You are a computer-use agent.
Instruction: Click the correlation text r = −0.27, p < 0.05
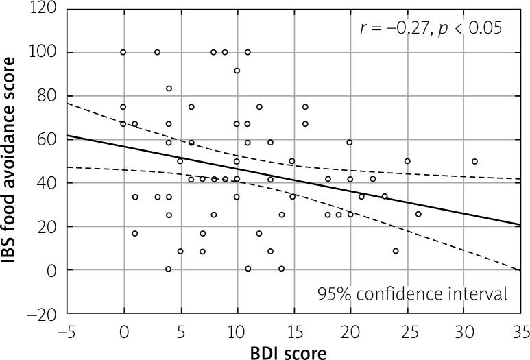pyautogui.click(x=432, y=28)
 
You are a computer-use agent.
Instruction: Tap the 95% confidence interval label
pyautogui.click(x=412, y=294)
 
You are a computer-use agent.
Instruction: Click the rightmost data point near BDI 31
pyautogui.click(x=474, y=161)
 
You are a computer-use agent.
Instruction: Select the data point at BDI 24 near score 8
pyautogui.click(x=396, y=251)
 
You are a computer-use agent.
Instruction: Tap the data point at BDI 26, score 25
pyautogui.click(x=418, y=214)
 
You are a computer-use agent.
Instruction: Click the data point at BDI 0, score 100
pyautogui.click(x=123, y=52)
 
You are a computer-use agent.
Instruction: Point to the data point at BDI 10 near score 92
pyautogui.click(x=237, y=71)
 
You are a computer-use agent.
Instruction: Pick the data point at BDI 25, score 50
pyautogui.click(x=407, y=161)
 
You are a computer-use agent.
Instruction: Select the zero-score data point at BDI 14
pyautogui.click(x=282, y=269)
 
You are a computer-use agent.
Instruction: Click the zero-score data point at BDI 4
pyautogui.click(x=169, y=269)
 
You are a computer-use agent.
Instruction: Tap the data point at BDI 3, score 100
pyautogui.click(x=157, y=52)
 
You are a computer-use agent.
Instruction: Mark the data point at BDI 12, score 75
pyautogui.click(x=259, y=107)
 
